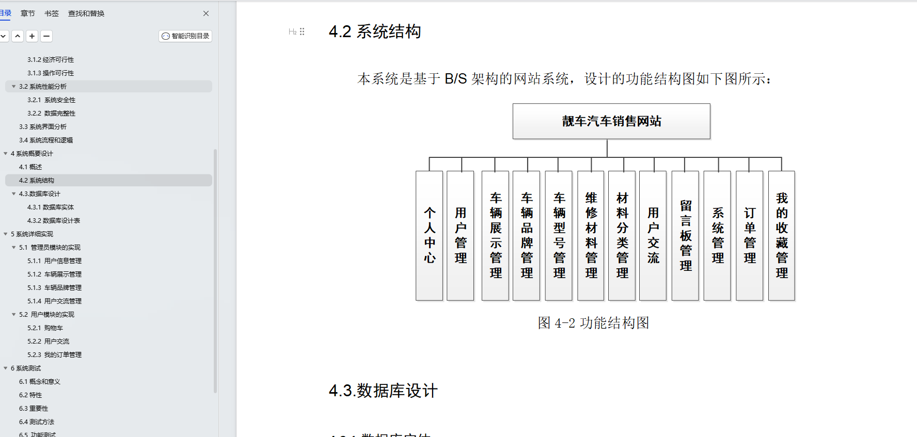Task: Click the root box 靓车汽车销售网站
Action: (611, 121)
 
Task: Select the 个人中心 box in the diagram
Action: (430, 236)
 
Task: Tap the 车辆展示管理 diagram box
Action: (496, 236)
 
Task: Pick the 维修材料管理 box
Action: (591, 236)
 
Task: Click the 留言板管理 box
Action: (686, 236)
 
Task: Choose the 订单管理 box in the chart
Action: (750, 236)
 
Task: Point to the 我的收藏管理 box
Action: (782, 236)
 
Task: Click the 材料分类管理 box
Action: (622, 236)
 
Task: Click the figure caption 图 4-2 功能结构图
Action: (593, 323)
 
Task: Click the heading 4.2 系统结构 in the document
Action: (375, 31)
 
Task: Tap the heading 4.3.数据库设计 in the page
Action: (383, 391)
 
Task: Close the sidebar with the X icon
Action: (206, 13)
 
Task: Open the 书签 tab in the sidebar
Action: (52, 13)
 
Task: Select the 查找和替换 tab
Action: (86, 13)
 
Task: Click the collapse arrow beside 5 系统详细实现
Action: (6, 234)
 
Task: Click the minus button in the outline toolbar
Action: (46, 36)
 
